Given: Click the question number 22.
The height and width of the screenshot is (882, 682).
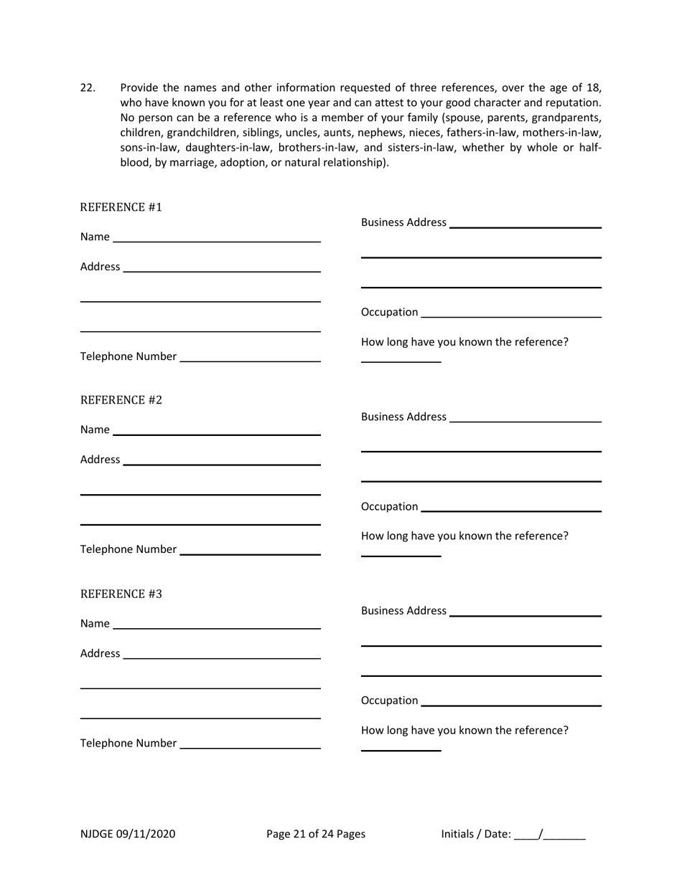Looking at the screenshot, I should (x=88, y=88).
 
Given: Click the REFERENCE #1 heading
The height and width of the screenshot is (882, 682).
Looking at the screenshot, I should (x=121, y=207).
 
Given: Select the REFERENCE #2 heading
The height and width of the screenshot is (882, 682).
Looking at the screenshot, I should (x=121, y=400).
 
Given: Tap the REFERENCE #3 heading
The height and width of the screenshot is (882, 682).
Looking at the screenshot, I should (x=121, y=594).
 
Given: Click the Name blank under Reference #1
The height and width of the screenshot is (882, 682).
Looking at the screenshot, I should (x=216, y=237).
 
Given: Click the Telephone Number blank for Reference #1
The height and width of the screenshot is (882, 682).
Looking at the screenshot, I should (x=250, y=356).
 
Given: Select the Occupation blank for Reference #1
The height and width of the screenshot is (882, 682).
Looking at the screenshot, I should (x=510, y=312).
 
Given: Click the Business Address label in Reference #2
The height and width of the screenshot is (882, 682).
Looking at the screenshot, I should (x=403, y=417).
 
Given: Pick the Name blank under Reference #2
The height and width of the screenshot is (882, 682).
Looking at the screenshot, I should (x=216, y=430).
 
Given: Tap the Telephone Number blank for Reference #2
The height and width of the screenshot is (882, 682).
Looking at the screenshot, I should (x=250, y=549).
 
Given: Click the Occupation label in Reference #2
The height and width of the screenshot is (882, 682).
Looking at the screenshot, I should (x=389, y=507).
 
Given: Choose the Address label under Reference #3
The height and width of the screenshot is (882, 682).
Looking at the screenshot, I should (x=100, y=653).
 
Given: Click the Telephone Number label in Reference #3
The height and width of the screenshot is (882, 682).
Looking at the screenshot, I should (x=128, y=743).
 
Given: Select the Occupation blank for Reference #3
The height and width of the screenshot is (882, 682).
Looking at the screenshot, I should (x=510, y=701).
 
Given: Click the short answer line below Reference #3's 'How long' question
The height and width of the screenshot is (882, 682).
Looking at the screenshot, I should (x=401, y=749).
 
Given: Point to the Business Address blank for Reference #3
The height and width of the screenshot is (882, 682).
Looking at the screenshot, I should (x=524, y=611).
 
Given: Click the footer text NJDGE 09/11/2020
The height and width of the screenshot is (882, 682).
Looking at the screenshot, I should (x=127, y=833).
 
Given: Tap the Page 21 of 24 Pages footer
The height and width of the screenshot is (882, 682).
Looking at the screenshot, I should (x=315, y=833).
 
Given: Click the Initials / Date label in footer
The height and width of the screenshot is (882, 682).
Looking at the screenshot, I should (x=475, y=833).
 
